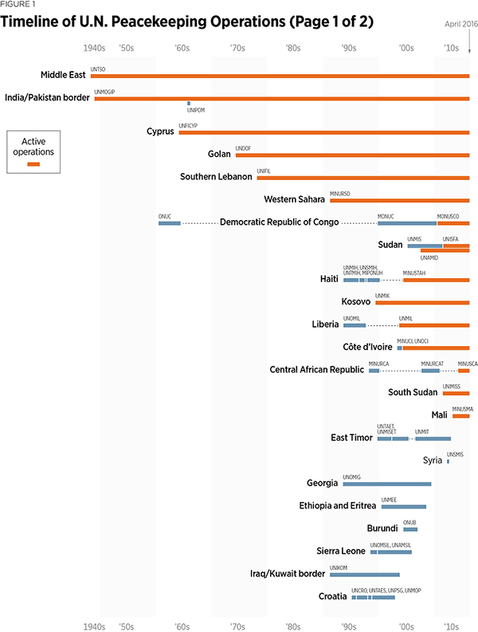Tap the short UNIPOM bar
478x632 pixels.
[x=189, y=104]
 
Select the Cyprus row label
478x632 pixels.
[x=160, y=132]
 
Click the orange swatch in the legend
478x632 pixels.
[x=33, y=163]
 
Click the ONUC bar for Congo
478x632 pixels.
[x=169, y=223]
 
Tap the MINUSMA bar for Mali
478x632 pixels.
[x=460, y=415]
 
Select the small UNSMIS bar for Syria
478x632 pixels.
[x=448, y=461]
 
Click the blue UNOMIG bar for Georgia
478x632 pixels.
[x=387, y=484]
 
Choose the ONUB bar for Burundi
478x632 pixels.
[x=409, y=529]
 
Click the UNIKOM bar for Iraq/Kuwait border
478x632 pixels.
[x=365, y=575]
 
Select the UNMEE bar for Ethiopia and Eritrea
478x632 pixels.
[x=403, y=507]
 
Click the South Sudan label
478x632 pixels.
[x=413, y=392]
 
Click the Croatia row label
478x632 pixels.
[x=332, y=596]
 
